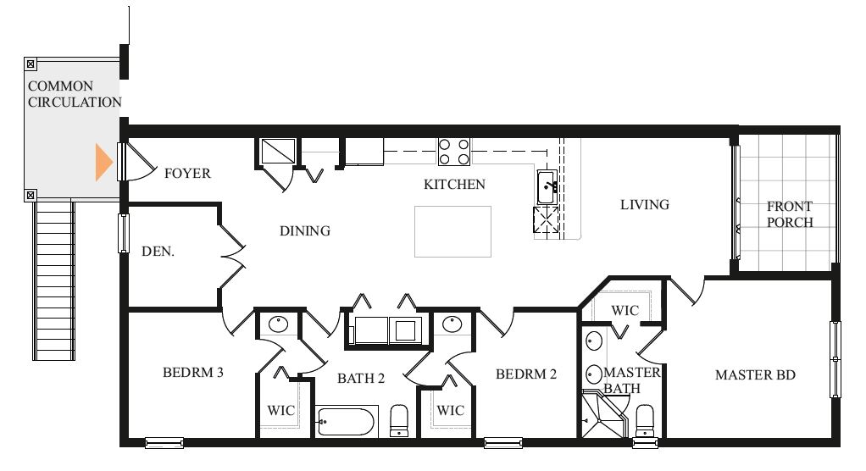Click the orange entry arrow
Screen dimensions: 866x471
pyautogui.click(x=104, y=163)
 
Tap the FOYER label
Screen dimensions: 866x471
pyautogui.click(x=188, y=174)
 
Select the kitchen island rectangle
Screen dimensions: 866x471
pyautogui.click(x=452, y=231)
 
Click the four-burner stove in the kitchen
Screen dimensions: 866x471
pyautogui.click(x=454, y=152)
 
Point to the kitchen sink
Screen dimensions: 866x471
pyautogui.click(x=547, y=187)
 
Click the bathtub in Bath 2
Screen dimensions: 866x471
pyautogui.click(x=347, y=422)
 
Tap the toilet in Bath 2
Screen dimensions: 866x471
pyautogui.click(x=399, y=421)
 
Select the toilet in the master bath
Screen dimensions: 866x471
pyautogui.click(x=645, y=421)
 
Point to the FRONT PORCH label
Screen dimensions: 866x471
pyautogui.click(x=790, y=214)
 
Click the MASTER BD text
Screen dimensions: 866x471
pyautogui.click(x=755, y=375)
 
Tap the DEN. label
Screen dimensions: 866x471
pyautogui.click(x=158, y=252)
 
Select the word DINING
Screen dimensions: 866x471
pyautogui.click(x=305, y=230)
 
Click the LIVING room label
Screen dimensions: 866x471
pyautogui.click(x=645, y=205)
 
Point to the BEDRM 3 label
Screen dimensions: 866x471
pyautogui.click(x=192, y=373)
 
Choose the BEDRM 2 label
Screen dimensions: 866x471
pyautogui.click(x=525, y=374)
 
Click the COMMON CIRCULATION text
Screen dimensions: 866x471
pyautogui.click(x=75, y=94)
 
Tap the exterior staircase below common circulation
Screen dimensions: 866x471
pyautogui.click(x=53, y=280)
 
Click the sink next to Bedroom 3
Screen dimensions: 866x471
pyautogui.click(x=278, y=324)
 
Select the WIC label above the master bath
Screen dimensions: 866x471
pyautogui.click(x=625, y=311)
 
